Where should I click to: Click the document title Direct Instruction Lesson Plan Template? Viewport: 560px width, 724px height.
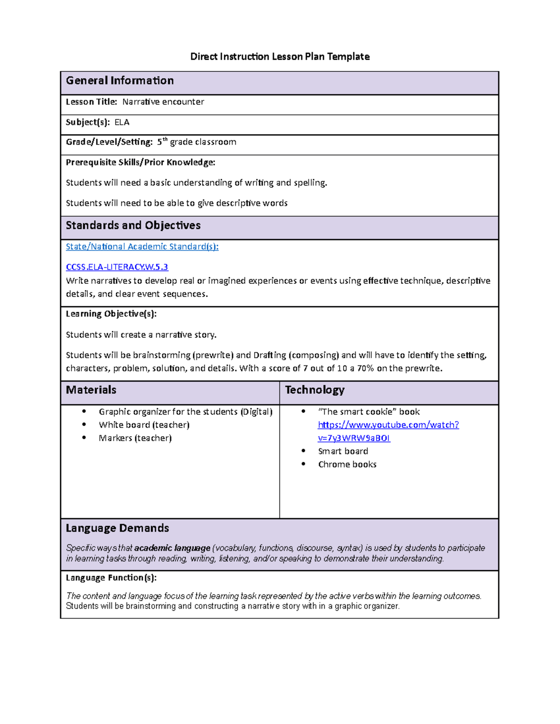click(280, 56)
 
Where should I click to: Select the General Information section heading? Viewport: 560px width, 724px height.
click(119, 81)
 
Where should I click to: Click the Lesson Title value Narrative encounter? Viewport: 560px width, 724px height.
click(163, 102)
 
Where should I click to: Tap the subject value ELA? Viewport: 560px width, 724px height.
click(122, 122)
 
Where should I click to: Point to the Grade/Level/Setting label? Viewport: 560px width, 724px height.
click(109, 142)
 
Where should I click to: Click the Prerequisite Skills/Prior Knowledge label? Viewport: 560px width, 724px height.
click(140, 162)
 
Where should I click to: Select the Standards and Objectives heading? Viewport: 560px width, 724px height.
click(133, 226)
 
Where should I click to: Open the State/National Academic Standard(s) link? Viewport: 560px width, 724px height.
click(142, 247)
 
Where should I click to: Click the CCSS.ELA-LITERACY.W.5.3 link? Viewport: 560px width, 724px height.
click(117, 267)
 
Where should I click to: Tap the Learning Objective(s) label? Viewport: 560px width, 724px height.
click(111, 314)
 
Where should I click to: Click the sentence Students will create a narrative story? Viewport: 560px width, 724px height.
click(141, 335)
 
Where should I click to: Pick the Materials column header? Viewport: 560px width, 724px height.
click(91, 390)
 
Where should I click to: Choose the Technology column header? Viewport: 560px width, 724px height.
click(315, 390)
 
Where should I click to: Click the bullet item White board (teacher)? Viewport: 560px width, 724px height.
click(144, 425)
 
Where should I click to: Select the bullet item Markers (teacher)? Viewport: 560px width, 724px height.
click(135, 438)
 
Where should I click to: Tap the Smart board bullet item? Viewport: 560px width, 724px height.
click(343, 451)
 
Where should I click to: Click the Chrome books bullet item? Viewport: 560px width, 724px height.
click(347, 464)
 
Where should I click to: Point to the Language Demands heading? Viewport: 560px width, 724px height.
click(117, 528)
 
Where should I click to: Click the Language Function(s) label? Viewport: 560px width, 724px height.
click(111, 578)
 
